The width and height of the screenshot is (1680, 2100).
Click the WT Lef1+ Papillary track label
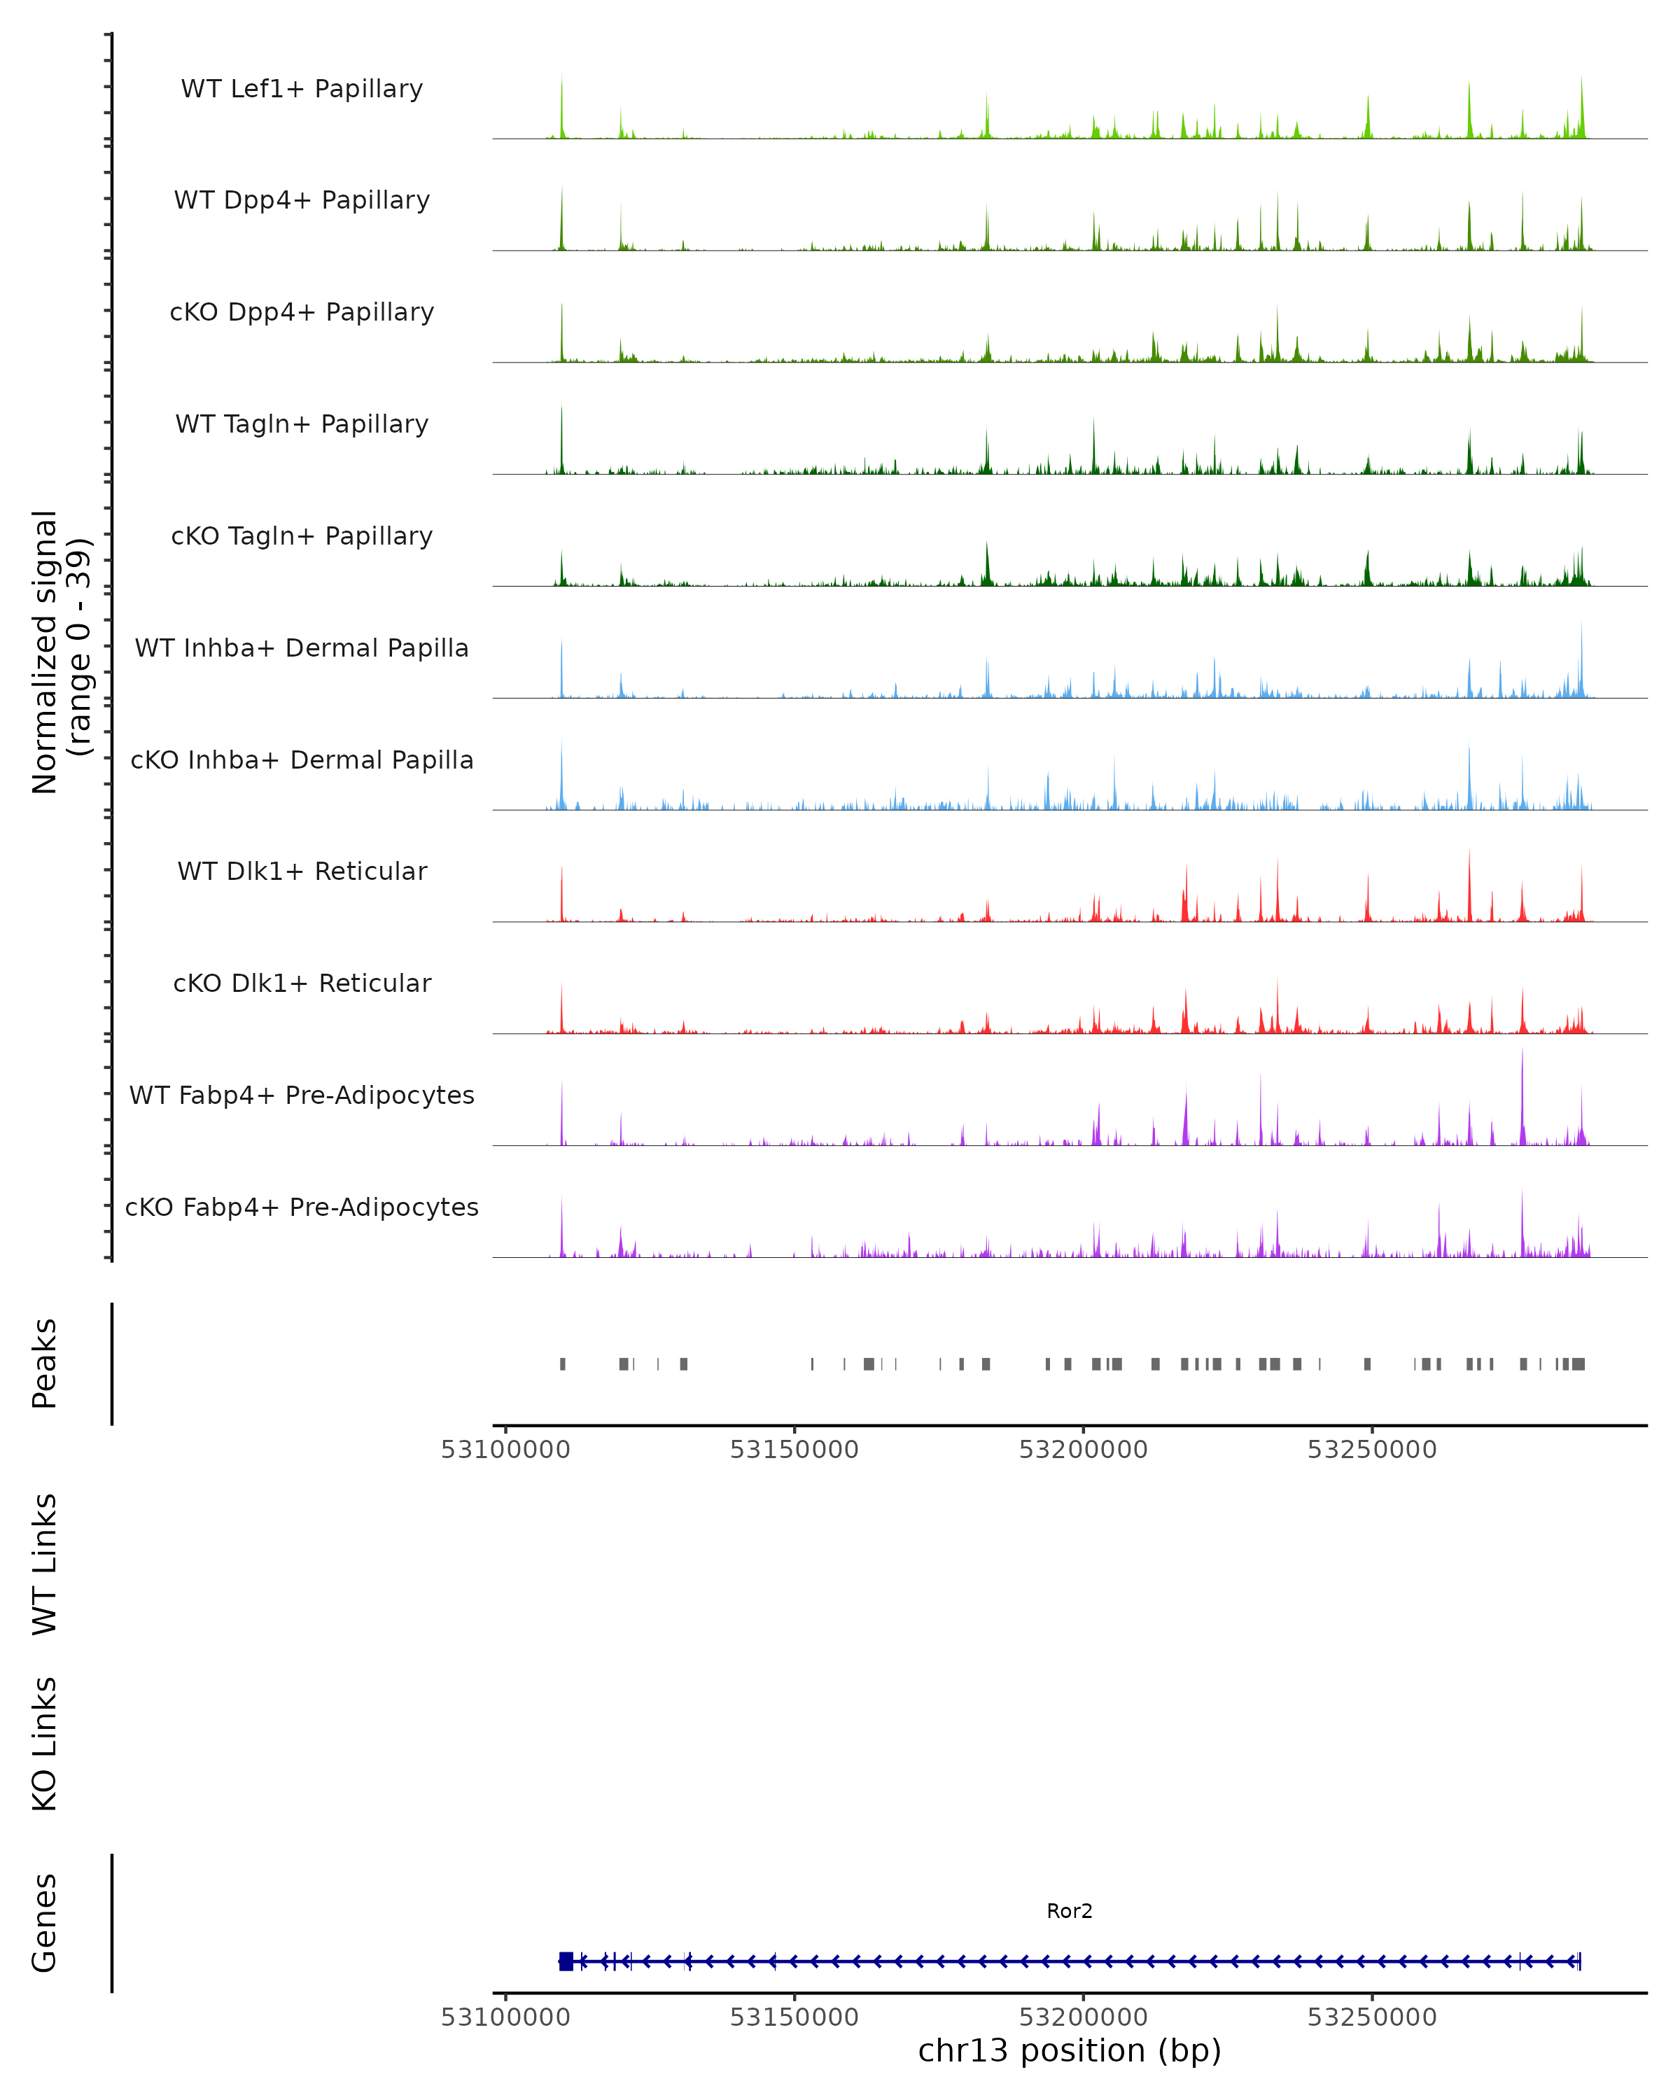(x=302, y=89)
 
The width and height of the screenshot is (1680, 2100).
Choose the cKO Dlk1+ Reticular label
(x=302, y=983)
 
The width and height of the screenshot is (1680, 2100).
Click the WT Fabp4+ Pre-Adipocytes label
(x=302, y=1095)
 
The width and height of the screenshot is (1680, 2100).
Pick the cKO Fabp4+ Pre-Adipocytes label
(x=302, y=1207)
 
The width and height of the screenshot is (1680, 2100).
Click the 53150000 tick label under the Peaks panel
(x=794, y=1450)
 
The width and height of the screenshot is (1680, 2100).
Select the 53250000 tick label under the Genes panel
(x=1371, y=2017)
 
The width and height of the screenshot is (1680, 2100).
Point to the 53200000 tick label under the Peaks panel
(x=1083, y=1450)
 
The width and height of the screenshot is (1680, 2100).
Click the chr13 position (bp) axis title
(x=1070, y=2051)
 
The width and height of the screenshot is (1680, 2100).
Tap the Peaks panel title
(x=45, y=1364)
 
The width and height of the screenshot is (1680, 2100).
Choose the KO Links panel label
(x=45, y=1744)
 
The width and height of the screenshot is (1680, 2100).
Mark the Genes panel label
(x=45, y=1923)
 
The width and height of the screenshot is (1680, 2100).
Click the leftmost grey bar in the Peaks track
(x=563, y=1364)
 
